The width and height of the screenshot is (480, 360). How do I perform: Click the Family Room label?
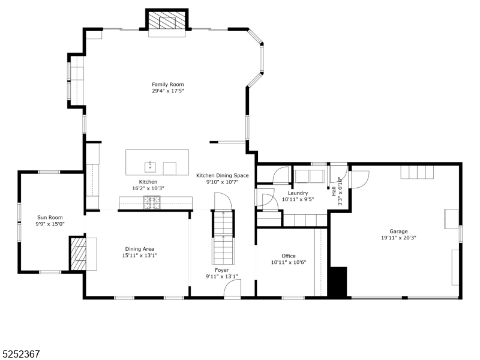[168, 85]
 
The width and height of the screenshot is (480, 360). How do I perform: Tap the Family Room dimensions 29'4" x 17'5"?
[168, 91]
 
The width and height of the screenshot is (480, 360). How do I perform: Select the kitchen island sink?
[151, 167]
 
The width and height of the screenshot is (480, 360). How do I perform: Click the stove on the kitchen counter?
[152, 203]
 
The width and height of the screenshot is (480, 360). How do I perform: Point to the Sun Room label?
[50, 217]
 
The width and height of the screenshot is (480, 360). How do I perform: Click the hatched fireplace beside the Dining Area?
[79, 253]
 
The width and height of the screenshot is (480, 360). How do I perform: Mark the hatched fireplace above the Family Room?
[167, 20]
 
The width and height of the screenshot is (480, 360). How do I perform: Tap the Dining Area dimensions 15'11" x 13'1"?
[140, 256]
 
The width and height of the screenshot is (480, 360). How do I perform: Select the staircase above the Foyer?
[223, 237]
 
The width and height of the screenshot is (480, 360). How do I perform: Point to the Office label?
[289, 256]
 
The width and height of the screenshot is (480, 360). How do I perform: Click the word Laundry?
[298, 193]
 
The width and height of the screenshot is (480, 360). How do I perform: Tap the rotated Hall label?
[334, 191]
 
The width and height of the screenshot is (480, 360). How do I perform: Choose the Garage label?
[398, 232]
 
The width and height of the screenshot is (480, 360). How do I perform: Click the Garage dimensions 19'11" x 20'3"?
[398, 238]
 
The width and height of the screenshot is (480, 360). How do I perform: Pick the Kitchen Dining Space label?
[222, 176]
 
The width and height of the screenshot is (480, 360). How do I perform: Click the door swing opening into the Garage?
[361, 179]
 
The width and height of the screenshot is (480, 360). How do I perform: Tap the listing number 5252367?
[20, 354]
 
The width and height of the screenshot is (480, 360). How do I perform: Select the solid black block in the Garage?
[337, 281]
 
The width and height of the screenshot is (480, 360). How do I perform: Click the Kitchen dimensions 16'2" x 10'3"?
[148, 188]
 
